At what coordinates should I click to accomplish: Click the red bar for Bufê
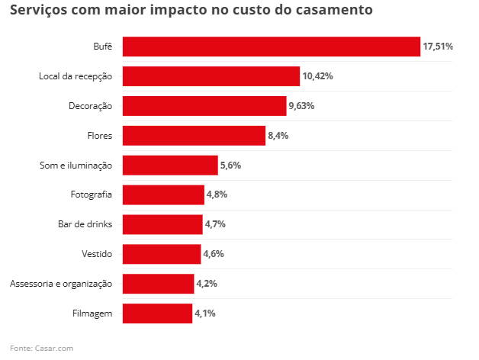[271, 47]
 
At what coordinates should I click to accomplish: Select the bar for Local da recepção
[211, 76]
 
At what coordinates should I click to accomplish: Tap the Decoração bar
[204, 106]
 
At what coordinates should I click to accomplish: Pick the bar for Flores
[194, 136]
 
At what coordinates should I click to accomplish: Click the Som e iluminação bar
[170, 166]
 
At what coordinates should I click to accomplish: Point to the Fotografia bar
[163, 194]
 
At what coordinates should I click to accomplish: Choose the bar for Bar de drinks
[162, 224]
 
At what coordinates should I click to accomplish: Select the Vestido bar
[162, 254]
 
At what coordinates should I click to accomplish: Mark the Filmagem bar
[157, 313]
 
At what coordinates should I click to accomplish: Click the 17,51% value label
[438, 47]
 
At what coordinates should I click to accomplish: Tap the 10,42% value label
[317, 76]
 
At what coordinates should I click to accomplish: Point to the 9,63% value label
[301, 106]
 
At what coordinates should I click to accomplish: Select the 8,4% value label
[278, 136]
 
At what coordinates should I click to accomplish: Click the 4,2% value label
[207, 284]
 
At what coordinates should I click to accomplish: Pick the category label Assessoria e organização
[61, 284]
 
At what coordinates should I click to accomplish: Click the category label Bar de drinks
[85, 224]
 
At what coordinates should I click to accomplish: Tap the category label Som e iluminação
[76, 166]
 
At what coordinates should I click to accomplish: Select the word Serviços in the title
[37, 11]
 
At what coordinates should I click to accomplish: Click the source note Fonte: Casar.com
[41, 349]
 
